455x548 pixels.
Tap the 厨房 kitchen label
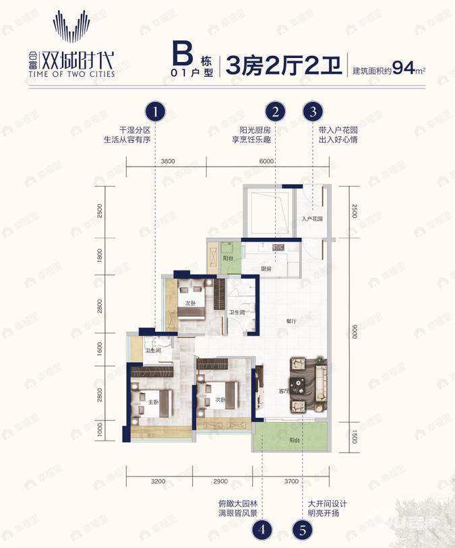pyautogui.click(x=267, y=269)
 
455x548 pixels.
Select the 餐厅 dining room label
pyautogui.click(x=291, y=321)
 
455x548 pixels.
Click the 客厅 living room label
pyautogui.click(x=284, y=390)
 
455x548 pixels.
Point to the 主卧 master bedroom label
pyautogui.click(x=153, y=402)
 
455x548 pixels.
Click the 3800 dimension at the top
pyautogui.click(x=168, y=161)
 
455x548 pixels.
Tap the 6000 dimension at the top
pyautogui.click(x=266, y=161)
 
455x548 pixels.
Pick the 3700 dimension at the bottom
pyautogui.click(x=291, y=482)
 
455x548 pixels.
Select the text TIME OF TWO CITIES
pyautogui.click(x=83, y=73)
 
